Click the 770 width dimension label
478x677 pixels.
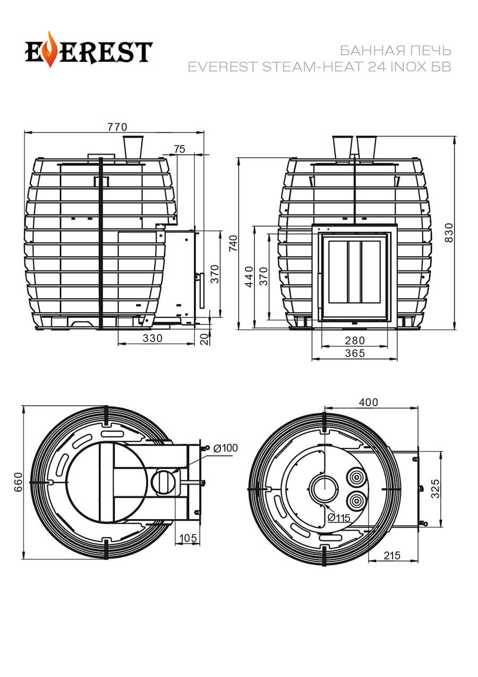click(117, 127)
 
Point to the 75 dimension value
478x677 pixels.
click(180, 149)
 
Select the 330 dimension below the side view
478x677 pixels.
click(152, 338)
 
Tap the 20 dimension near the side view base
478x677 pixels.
click(205, 339)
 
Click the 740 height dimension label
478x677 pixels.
click(234, 243)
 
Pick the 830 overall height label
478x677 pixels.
click(450, 233)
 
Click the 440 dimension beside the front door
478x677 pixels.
click(249, 277)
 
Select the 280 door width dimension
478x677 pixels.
click(355, 340)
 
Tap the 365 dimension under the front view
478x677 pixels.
click(355, 353)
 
